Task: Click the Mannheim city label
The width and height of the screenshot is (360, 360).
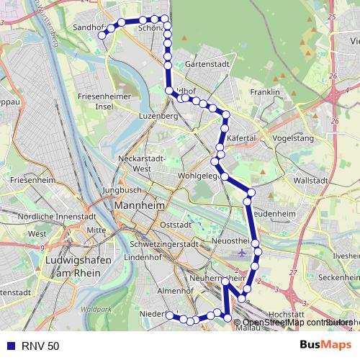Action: click(140, 207)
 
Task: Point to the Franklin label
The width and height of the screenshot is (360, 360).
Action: click(264, 93)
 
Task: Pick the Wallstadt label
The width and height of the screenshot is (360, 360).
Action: click(311, 181)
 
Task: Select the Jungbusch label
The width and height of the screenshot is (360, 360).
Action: click(120, 191)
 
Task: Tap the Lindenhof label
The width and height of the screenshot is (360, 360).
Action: click(142, 257)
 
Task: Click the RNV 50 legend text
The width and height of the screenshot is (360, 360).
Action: click(40, 346)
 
